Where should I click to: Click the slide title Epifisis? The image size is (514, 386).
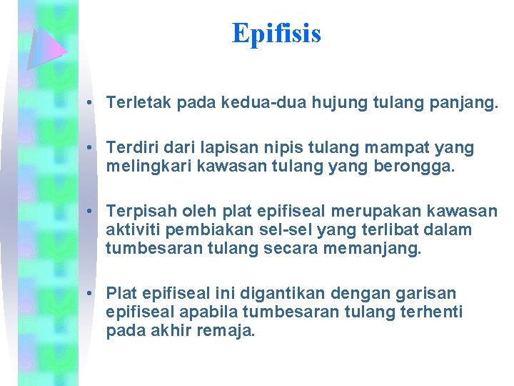click(x=276, y=34)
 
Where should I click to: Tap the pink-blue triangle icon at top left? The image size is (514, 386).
click(x=45, y=48)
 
